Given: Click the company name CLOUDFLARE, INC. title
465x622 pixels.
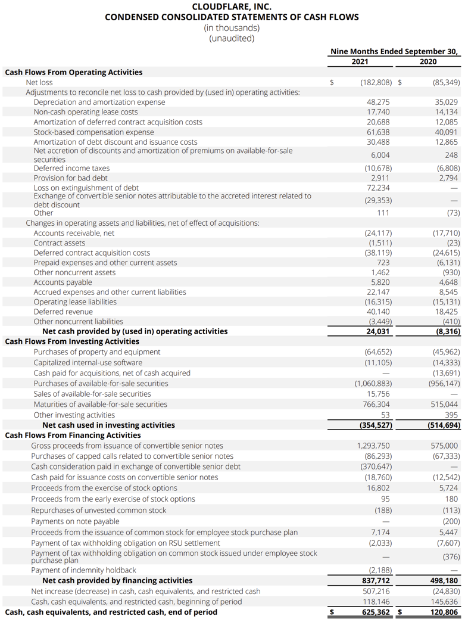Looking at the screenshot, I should (x=232, y=7).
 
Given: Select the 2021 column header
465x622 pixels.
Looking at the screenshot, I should (x=360, y=61).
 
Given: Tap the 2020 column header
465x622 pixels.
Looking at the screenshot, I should (x=427, y=61).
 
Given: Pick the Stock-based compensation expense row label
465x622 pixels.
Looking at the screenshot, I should (x=93, y=132).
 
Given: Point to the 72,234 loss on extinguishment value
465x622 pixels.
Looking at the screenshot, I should (x=379, y=188).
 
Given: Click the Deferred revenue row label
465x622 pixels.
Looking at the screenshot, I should (x=63, y=312).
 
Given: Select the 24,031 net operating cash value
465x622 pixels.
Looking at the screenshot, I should (x=379, y=331).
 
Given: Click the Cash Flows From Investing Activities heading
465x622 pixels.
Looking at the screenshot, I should (x=72, y=341).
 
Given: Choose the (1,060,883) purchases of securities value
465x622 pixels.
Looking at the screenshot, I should (x=373, y=384).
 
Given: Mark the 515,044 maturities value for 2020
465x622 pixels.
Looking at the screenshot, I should (x=444, y=404).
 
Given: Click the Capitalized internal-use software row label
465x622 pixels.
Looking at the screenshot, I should (x=88, y=362).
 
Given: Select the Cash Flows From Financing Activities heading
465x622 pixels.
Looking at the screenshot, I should (x=73, y=435).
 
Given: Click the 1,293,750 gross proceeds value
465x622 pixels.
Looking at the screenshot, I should (x=374, y=446).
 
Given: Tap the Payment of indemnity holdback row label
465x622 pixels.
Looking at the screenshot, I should (x=83, y=570).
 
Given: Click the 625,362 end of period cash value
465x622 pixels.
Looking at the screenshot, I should (x=376, y=612).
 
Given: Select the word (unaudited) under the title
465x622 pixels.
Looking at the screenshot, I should (x=232, y=38).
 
